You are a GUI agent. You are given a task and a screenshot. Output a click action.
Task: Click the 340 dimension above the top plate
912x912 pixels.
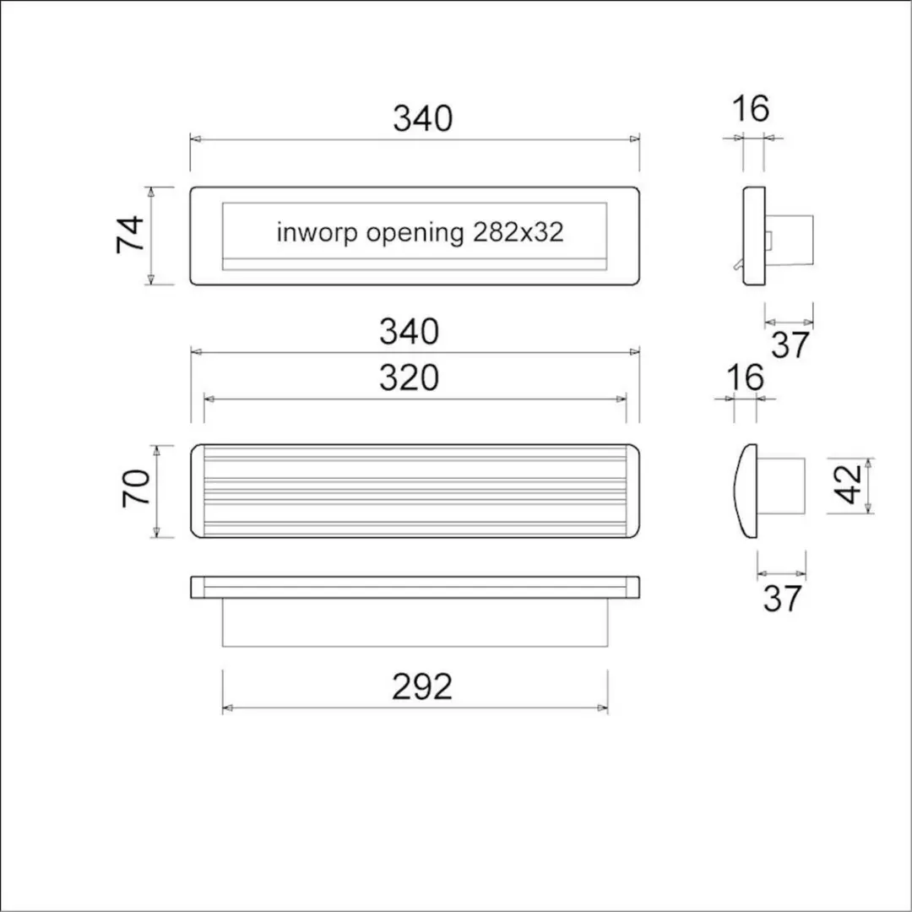(423, 118)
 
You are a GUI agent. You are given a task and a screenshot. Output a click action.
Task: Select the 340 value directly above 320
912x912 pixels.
(409, 332)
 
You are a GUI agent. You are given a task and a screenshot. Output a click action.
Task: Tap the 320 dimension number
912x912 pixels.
(409, 378)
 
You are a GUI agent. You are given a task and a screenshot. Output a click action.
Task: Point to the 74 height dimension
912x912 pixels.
(130, 234)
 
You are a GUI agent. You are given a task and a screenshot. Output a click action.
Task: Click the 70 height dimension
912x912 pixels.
(136, 487)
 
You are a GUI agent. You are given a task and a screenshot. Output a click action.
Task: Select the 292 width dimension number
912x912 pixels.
(422, 687)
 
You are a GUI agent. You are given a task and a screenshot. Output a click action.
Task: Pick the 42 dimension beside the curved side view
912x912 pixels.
(848, 484)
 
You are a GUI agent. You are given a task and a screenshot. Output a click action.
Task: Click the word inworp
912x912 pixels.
(317, 233)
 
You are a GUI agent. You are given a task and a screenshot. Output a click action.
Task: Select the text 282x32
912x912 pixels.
(518, 233)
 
